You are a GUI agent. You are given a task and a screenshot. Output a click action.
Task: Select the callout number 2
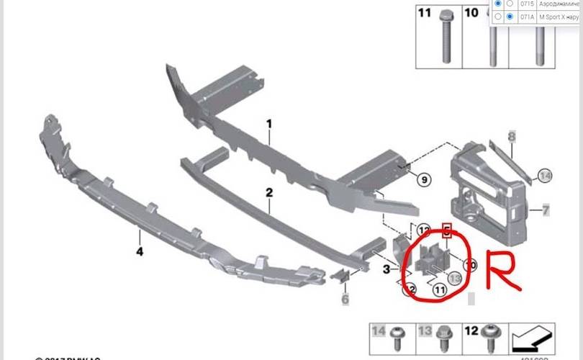pyautogui.click(x=269, y=193)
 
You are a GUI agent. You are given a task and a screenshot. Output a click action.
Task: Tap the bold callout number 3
pyautogui.click(x=387, y=269)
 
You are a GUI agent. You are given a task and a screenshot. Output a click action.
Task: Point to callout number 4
pyautogui.click(x=140, y=251)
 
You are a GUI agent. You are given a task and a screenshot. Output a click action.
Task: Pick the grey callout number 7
pyautogui.click(x=546, y=211)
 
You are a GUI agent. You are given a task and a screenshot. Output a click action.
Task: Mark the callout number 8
pyautogui.click(x=512, y=136)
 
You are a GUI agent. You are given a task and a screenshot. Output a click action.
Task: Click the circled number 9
pyautogui.click(x=423, y=179)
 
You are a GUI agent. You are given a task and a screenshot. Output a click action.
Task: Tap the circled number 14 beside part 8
pyautogui.click(x=545, y=175)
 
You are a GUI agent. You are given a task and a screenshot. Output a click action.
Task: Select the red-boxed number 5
pyautogui.click(x=446, y=233)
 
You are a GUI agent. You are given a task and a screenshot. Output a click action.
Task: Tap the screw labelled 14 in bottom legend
pyautogui.click(x=398, y=341)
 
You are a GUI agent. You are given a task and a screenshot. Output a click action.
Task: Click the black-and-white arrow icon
pyautogui.click(x=531, y=336)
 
